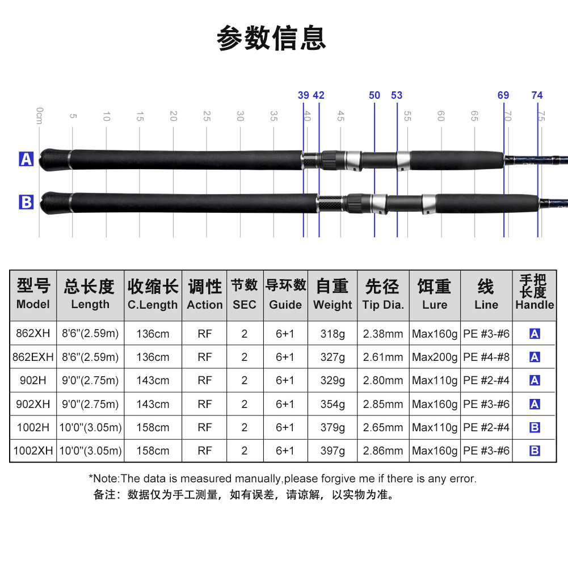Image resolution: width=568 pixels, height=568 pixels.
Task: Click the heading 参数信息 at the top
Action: [x=272, y=39]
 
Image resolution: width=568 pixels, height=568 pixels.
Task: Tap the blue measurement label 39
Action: [x=304, y=95]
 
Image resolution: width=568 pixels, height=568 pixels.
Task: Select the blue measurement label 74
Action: [x=537, y=95]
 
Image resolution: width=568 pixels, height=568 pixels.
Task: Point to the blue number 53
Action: [x=397, y=95]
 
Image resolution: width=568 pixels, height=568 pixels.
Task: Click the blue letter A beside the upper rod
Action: [x=27, y=159]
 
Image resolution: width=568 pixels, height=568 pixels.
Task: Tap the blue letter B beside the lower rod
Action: [x=27, y=202]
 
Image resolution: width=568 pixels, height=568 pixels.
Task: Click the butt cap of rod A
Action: [x=54, y=159]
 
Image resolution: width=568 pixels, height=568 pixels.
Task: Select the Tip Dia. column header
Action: [x=383, y=294]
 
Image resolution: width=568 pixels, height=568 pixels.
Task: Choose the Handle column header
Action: [x=534, y=292]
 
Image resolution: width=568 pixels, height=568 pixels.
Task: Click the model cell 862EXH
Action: [x=33, y=357]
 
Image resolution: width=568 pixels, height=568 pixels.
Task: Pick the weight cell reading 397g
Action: [x=333, y=451]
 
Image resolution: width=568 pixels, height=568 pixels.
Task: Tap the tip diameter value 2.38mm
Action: [x=383, y=334]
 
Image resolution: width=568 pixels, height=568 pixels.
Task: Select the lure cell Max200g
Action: [x=435, y=357]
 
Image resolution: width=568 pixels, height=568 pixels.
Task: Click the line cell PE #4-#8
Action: [x=486, y=357]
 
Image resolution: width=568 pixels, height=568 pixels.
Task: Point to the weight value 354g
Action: [x=333, y=404]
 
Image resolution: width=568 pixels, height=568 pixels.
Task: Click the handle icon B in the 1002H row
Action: [x=535, y=427]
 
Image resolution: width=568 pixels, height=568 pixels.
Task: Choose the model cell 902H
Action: [x=33, y=381]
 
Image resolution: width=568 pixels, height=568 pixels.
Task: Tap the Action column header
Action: [x=205, y=294]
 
